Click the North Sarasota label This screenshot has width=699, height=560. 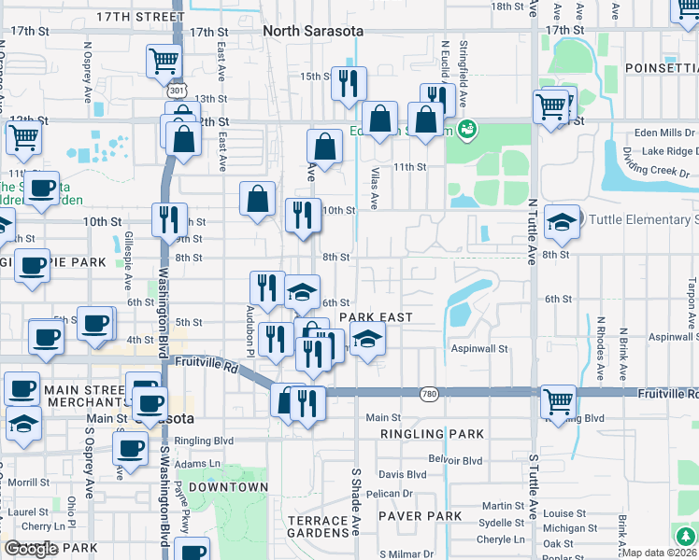(313, 31)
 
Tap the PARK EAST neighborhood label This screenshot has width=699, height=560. (376, 317)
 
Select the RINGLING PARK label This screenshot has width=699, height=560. (432, 434)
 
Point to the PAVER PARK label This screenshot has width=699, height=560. (420, 516)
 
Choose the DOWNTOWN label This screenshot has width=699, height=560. (228, 487)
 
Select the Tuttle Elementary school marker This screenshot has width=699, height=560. (561, 221)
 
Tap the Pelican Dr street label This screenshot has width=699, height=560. (389, 494)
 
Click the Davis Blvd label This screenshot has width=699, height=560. (402, 474)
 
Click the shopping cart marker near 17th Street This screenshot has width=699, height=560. (164, 61)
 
